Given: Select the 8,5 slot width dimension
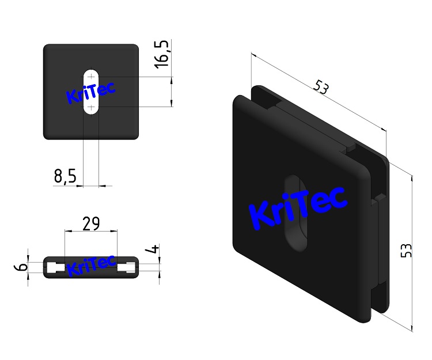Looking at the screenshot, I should point(65,176).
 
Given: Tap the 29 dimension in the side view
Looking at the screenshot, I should point(91,223).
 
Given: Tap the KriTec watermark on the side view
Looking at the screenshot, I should point(91,267).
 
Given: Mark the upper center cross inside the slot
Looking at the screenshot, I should point(91,77).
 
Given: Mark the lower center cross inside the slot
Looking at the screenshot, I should point(91,107).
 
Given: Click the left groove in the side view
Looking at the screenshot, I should point(56,267).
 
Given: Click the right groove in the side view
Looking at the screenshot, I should point(126,267).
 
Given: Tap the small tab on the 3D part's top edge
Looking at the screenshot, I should point(350,149).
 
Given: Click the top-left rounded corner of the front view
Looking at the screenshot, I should point(47,48).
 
